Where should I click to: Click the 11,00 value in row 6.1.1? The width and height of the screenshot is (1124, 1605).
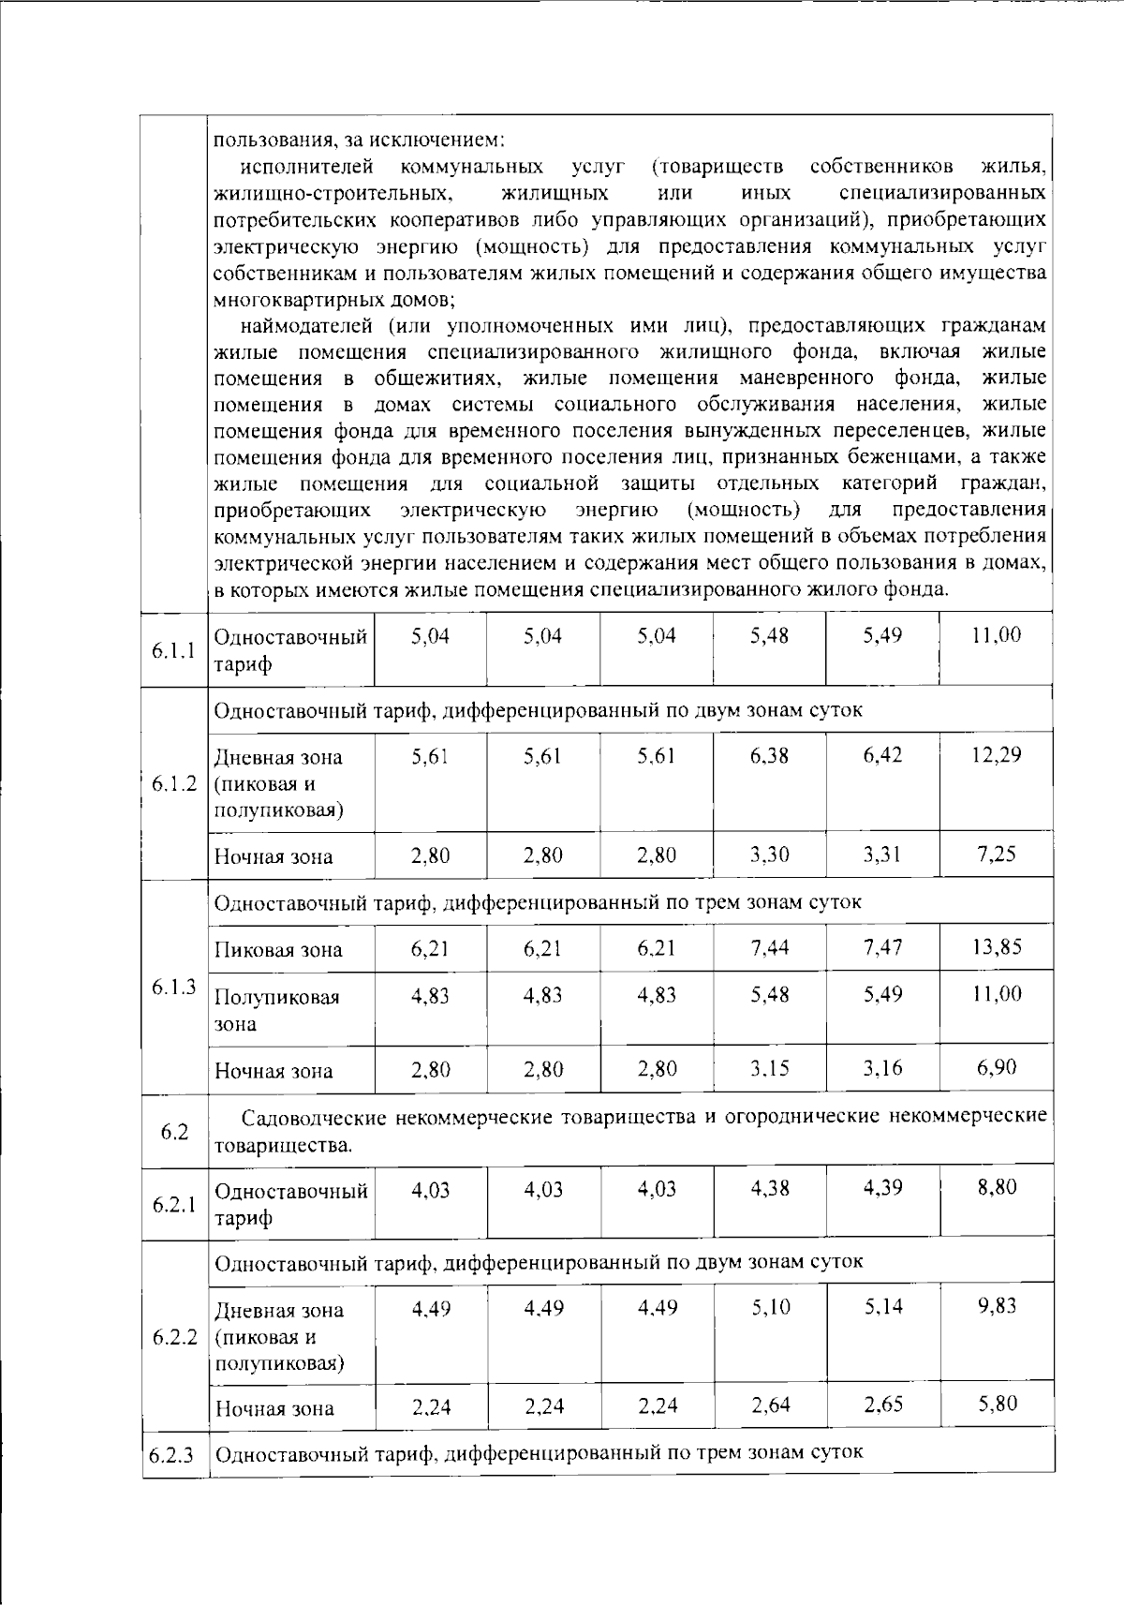996,636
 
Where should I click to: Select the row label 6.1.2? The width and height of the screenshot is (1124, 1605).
173,783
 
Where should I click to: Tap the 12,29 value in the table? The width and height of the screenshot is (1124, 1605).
996,755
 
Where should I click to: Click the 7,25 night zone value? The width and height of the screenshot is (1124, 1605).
996,855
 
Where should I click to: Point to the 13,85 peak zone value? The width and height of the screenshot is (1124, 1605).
996,947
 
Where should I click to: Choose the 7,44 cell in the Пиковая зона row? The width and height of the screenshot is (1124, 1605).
769,948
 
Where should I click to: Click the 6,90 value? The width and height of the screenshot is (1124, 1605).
996,1068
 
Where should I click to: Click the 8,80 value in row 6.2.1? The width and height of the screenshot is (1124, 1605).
996,1188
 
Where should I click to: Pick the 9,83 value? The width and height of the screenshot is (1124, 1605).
996,1306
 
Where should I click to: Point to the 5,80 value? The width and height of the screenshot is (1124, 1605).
996,1404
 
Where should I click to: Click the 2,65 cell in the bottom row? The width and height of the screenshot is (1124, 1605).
882,1405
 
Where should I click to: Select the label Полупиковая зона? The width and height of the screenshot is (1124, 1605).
276,1010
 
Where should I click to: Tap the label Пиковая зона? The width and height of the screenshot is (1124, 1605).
278,950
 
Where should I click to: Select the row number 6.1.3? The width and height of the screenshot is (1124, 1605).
173,987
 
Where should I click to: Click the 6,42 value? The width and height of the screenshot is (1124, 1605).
882,755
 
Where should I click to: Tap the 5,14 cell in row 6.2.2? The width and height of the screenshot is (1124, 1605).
882,1307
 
